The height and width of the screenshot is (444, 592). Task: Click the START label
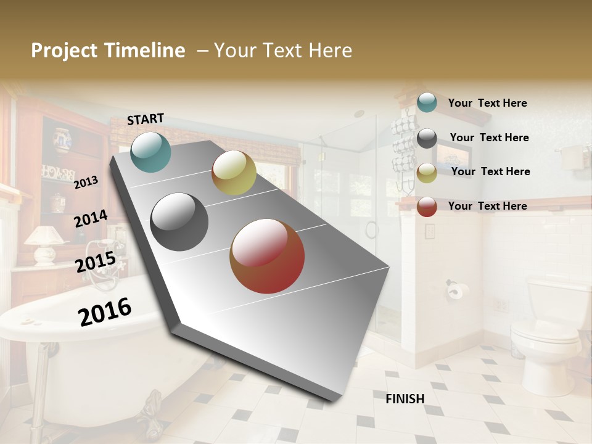point(146,119)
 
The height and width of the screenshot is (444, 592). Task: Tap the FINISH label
point(405,399)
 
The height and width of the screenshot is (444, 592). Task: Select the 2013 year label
point(86,182)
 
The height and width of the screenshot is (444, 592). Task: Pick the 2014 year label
point(91,218)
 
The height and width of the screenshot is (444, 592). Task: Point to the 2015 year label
point(95,262)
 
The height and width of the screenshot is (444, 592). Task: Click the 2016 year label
point(105,311)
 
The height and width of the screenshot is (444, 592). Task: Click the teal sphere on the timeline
point(150,152)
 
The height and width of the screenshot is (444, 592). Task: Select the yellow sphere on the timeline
point(234,173)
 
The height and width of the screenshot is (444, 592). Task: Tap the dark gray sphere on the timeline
point(179,222)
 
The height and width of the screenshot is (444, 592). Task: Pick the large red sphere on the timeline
point(267,256)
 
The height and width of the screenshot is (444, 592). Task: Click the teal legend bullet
point(427,103)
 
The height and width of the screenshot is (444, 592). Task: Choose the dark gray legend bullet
point(427,138)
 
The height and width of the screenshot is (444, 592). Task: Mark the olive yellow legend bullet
point(427,173)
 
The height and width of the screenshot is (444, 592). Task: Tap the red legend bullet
point(427,207)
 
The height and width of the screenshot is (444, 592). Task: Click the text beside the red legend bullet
point(487,206)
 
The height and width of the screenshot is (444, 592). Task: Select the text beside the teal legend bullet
point(487,103)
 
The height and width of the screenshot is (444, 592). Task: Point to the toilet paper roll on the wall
point(455,290)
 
